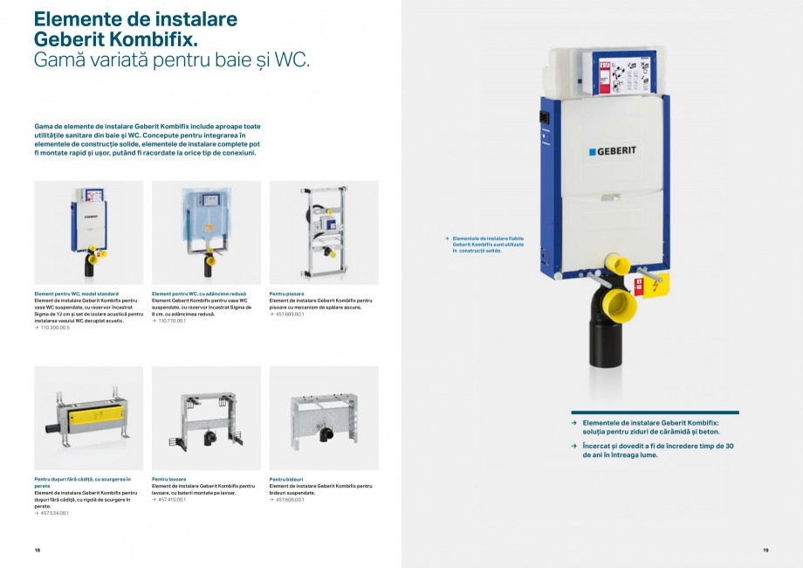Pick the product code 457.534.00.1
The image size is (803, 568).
[x=54, y=513]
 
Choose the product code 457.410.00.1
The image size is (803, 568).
[x=172, y=499]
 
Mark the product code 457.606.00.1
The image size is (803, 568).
[x=290, y=499]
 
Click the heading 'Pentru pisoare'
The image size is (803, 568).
[x=287, y=294]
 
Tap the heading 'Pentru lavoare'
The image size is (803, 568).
[x=169, y=479]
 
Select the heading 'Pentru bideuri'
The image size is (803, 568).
[x=287, y=479]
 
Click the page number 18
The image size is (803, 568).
[x=38, y=550]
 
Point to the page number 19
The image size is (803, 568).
[x=765, y=550]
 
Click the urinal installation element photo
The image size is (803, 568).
[x=324, y=232]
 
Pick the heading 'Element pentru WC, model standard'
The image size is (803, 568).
[x=76, y=294]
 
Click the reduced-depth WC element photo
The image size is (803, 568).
[x=206, y=232]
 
